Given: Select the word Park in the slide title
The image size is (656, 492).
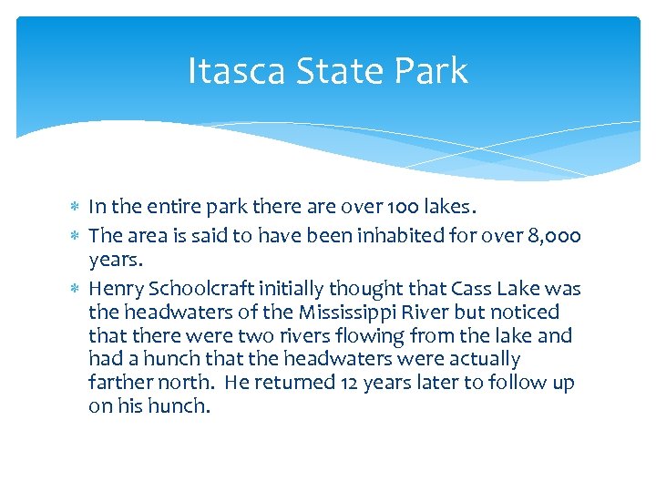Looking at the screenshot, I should (433, 70).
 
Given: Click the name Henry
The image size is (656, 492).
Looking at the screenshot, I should (114, 290).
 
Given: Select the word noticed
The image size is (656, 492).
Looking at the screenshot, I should (527, 313).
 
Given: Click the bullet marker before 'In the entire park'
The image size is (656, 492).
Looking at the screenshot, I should (77, 207).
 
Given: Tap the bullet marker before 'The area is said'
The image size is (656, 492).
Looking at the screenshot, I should (77, 237).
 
